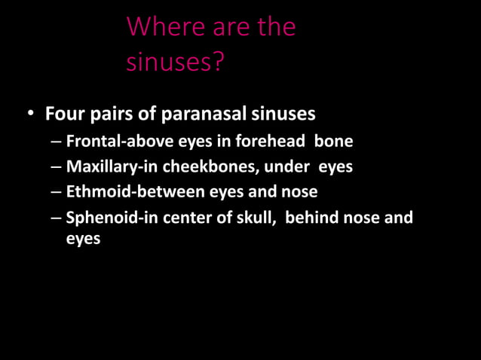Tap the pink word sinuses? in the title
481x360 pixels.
tap(175, 62)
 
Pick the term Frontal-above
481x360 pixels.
tap(111, 141)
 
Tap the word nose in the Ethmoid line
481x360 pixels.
tap(300, 192)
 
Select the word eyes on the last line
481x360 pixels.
tap(83, 239)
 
